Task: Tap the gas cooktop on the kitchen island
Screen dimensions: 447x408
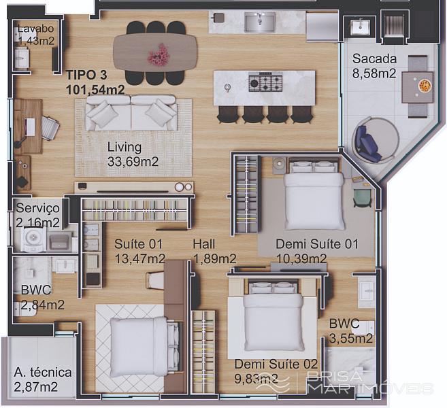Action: coord(265,83)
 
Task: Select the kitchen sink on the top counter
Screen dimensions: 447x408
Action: coord(260,22)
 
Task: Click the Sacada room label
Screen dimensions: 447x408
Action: coord(374,58)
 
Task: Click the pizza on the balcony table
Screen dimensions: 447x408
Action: coord(424,85)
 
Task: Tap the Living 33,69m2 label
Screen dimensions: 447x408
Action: coord(133,154)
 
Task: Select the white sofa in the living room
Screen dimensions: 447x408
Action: coord(131,113)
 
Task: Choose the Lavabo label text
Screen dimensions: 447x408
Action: coord(35,29)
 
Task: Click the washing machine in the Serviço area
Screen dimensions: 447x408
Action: coord(34,239)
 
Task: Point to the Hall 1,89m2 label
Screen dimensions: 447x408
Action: coord(215,252)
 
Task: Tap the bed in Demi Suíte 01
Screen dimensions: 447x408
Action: coord(314,195)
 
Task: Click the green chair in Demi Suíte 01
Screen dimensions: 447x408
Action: coord(362,197)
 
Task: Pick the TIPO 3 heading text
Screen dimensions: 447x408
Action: coord(86,75)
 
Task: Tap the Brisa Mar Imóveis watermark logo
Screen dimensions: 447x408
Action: coord(344,382)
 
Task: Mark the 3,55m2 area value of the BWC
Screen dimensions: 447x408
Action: coord(351,338)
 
